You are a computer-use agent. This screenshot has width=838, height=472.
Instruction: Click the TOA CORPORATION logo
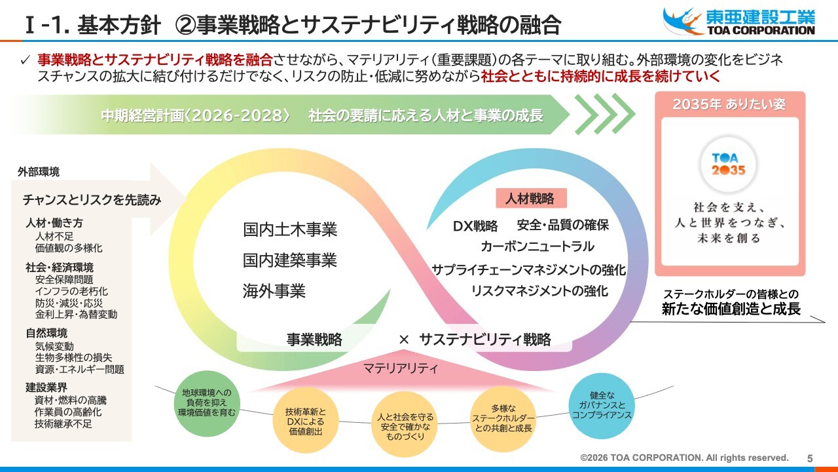pyautogui.click(x=739, y=21)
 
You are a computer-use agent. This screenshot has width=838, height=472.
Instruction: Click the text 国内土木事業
pyautogui.click(x=290, y=230)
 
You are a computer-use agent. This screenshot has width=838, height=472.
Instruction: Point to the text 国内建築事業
pyautogui.click(x=290, y=260)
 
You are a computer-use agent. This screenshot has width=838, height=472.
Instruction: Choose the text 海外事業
pyautogui.click(x=274, y=291)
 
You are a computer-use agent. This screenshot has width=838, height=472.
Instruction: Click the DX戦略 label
pyautogui.click(x=475, y=226)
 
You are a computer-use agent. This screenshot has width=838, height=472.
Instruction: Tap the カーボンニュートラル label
pyautogui.click(x=537, y=246)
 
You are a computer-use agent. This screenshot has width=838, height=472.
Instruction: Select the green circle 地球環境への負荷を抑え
pyautogui.click(x=207, y=403)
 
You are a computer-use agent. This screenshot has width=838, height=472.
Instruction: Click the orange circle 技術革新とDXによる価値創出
pyautogui.click(x=305, y=422)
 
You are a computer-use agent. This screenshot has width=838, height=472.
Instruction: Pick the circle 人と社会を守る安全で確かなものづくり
pyautogui.click(x=405, y=426)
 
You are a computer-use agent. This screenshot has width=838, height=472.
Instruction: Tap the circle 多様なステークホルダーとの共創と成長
pyautogui.click(x=503, y=418)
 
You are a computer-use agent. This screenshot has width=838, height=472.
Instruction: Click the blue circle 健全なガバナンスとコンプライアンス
pyautogui.click(x=602, y=405)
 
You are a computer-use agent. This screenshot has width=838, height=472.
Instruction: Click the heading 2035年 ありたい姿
pyautogui.click(x=729, y=105)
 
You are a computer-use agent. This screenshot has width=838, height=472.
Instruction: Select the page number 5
pyautogui.click(x=810, y=458)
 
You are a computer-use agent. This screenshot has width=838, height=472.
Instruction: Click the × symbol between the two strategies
pyautogui.click(x=404, y=340)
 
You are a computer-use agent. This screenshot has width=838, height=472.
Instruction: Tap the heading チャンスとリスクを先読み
pyautogui.click(x=92, y=200)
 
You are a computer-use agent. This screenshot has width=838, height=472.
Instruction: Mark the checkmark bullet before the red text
pyautogui.click(x=25, y=60)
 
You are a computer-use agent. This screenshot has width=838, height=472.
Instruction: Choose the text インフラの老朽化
pyautogui.click(x=71, y=291)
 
